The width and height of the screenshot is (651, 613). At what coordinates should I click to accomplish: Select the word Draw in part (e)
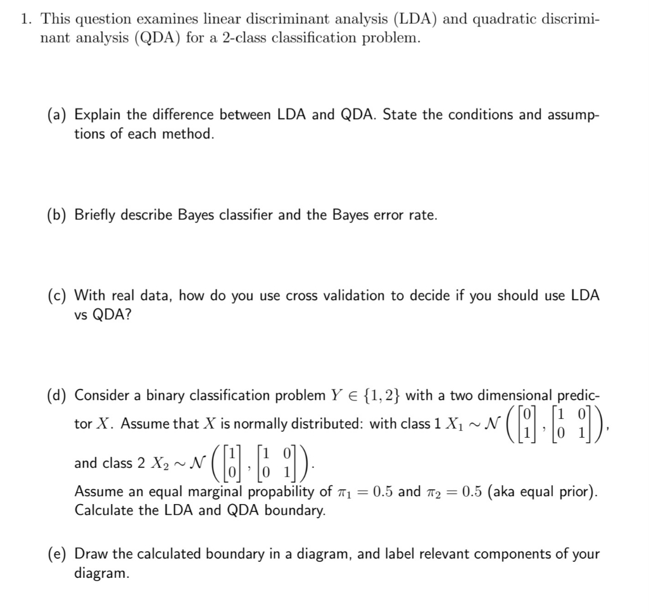point(89,554)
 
